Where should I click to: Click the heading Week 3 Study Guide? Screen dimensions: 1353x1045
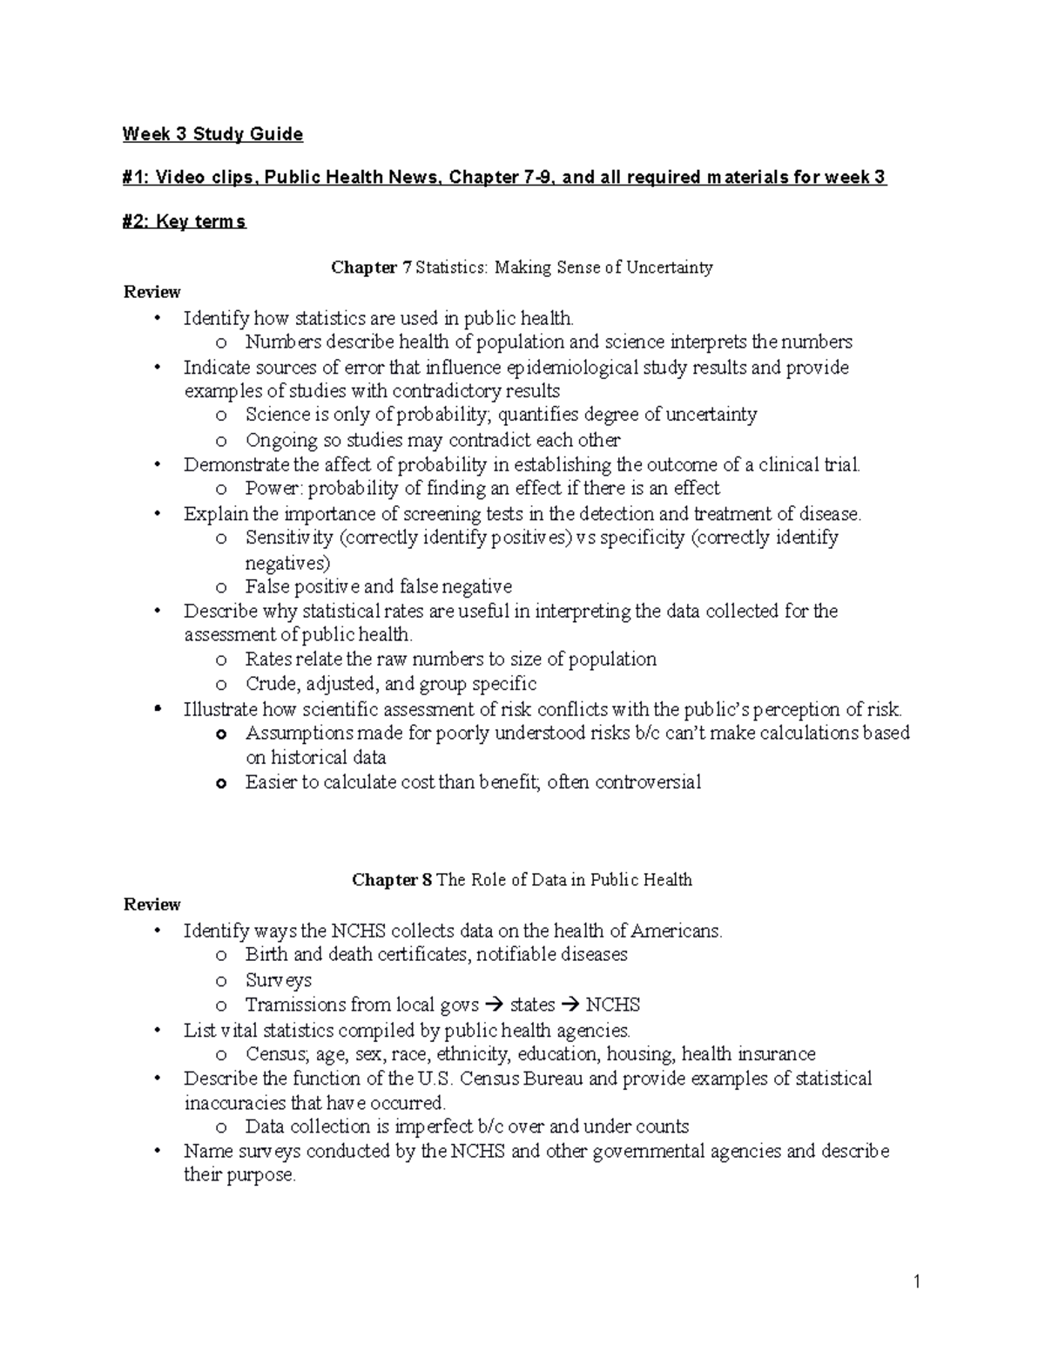coord(212,134)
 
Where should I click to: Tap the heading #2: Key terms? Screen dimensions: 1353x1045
coord(185,222)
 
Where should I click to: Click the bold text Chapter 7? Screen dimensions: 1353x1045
coord(370,267)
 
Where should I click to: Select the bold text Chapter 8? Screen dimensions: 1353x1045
coord(391,880)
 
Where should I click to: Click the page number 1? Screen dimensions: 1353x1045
coord(917,1281)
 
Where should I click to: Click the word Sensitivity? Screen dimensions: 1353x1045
coord(289,538)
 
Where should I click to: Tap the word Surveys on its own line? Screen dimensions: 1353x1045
coord(278,980)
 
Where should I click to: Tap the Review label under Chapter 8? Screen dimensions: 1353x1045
coord(152,904)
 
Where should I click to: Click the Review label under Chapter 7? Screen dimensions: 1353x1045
coord(152,292)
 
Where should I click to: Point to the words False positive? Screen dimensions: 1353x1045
coord(301,586)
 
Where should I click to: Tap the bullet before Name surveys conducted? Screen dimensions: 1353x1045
coord(157,1152)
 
